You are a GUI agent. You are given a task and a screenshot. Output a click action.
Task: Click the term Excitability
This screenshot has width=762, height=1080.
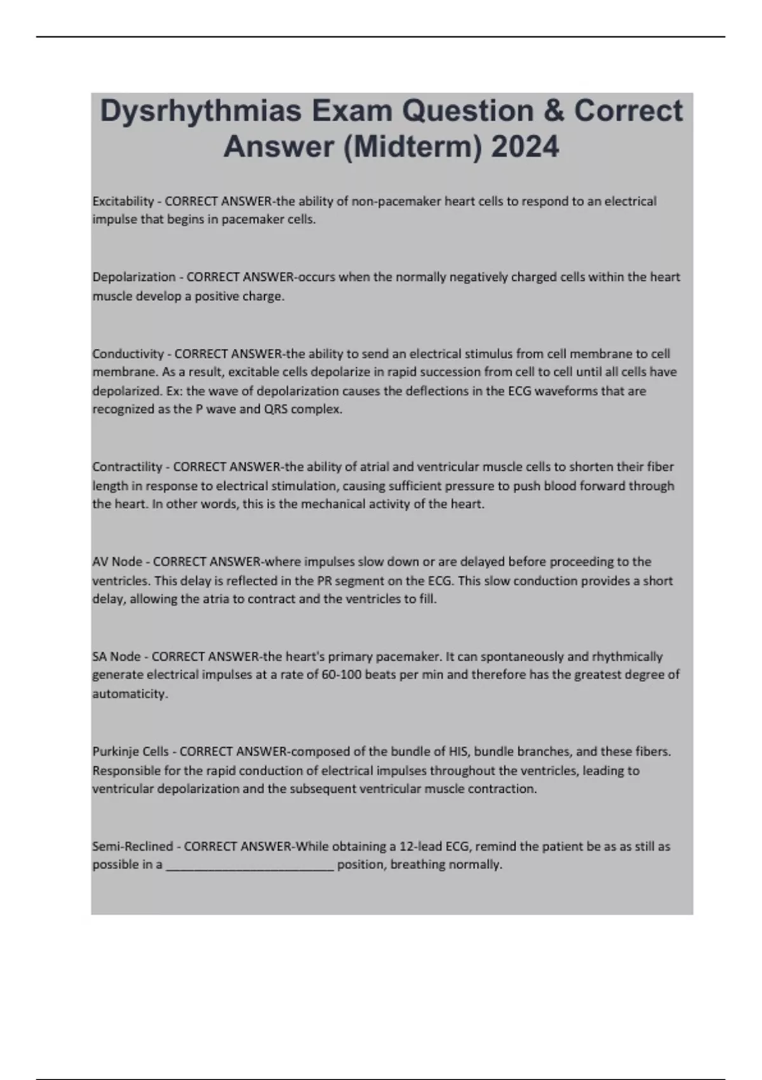pyautogui.click(x=123, y=201)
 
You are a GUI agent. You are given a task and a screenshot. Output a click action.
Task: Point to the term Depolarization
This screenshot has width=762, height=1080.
pyautogui.click(x=134, y=277)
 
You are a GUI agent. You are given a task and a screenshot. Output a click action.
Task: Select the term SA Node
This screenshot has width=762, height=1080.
pyautogui.click(x=117, y=656)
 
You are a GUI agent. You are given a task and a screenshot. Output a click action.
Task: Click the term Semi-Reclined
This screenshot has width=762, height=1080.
pyautogui.click(x=133, y=846)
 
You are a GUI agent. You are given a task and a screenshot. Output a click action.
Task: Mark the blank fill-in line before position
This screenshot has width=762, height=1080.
pyautogui.click(x=250, y=865)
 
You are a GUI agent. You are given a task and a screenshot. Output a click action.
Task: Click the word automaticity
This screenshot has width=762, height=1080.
pyautogui.click(x=130, y=694)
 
